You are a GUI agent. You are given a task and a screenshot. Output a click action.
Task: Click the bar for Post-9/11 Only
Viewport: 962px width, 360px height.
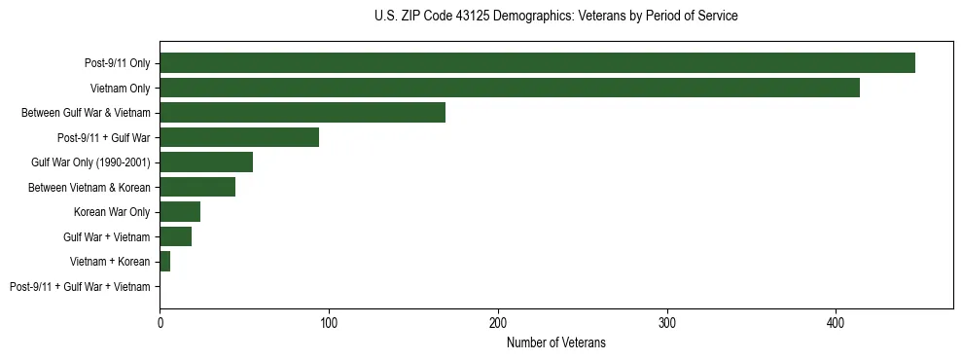(x=537, y=63)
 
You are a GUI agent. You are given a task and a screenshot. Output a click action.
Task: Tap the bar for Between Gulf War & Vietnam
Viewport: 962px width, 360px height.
(x=303, y=113)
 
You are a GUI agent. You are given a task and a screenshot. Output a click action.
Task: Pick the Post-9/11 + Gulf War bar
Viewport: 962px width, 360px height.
(x=239, y=138)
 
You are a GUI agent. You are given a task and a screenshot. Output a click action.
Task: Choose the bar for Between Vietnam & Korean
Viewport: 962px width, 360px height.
(x=197, y=188)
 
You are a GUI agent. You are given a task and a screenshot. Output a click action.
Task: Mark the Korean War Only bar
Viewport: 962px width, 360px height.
(x=180, y=212)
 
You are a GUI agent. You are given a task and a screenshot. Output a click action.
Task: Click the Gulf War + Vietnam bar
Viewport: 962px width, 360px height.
(x=176, y=236)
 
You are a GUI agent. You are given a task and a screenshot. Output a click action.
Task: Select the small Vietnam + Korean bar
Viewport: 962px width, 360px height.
(x=164, y=262)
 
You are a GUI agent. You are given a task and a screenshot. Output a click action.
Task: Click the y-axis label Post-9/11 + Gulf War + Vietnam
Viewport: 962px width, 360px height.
(x=80, y=287)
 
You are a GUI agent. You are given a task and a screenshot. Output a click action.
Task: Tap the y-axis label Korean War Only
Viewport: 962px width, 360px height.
(x=112, y=212)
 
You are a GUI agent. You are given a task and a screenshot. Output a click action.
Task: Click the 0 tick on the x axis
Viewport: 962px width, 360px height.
(x=160, y=322)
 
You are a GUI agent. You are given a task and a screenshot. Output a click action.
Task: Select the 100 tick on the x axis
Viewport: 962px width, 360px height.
(x=329, y=322)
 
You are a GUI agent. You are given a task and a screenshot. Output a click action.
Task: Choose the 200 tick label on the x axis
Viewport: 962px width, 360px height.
(x=498, y=322)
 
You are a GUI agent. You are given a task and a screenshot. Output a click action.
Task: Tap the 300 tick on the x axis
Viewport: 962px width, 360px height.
(x=667, y=322)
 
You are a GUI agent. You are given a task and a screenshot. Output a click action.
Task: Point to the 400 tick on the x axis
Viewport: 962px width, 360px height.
(x=837, y=322)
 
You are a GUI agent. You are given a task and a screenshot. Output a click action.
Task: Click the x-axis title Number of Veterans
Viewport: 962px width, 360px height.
(x=556, y=342)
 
